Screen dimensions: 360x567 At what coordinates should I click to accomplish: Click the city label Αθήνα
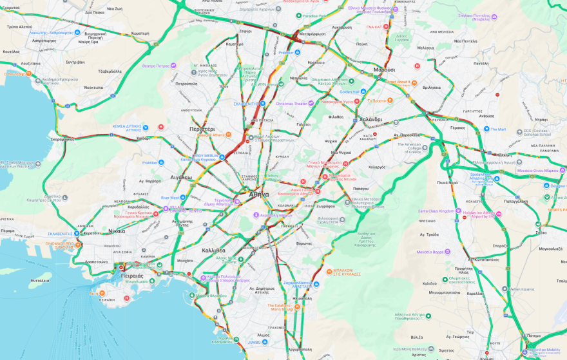coord(259,194)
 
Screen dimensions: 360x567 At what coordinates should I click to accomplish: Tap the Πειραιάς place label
coord(132,275)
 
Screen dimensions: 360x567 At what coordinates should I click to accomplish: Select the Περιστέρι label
coord(202,129)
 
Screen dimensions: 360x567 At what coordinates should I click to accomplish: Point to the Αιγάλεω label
coord(181,176)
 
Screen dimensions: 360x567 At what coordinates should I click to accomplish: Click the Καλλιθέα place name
coord(213,250)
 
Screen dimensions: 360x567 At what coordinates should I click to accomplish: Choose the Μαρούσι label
coord(384,70)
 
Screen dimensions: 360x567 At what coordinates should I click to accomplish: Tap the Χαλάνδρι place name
coord(370,119)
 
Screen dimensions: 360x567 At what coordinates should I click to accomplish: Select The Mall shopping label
coord(498,129)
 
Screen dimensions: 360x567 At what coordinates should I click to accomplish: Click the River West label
coord(170,198)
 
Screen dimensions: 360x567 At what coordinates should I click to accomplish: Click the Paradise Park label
coord(315,15)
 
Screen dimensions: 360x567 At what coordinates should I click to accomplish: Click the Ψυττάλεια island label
coord(41,280)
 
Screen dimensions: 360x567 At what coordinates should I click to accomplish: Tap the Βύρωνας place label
coord(304,243)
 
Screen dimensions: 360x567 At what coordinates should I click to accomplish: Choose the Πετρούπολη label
coord(186,84)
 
